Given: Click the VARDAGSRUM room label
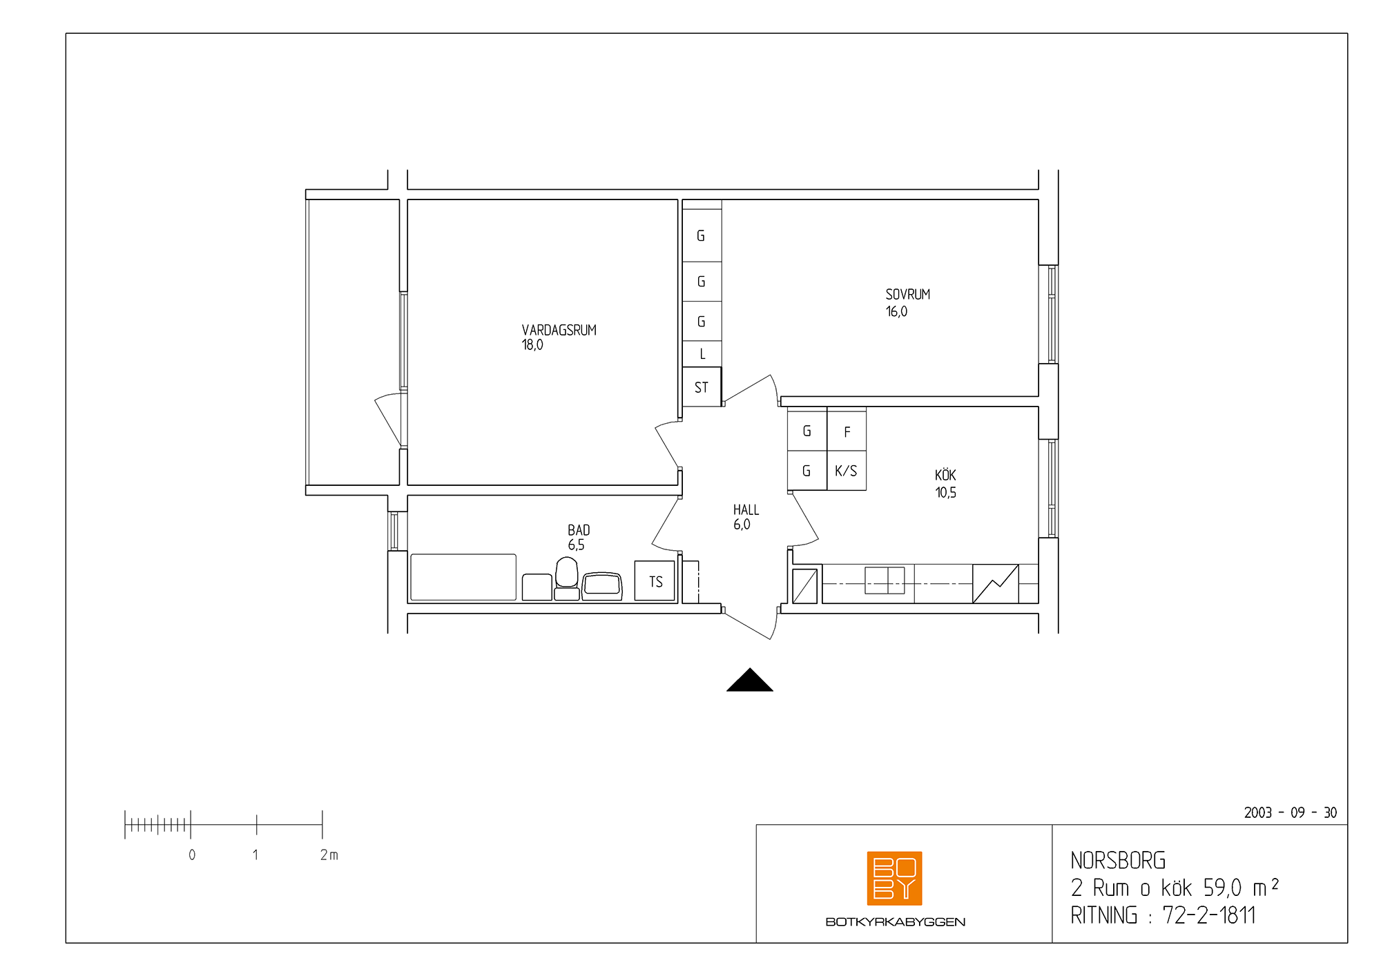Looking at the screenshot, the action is pyautogui.click(x=559, y=330).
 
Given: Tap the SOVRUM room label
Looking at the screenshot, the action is pyautogui.click(x=908, y=294).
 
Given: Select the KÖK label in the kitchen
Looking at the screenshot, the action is pyautogui.click(x=945, y=475).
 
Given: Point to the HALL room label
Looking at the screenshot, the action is pyautogui.click(x=746, y=509).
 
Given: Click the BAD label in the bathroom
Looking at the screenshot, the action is pyautogui.click(x=579, y=530).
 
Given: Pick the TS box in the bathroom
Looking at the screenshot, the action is pyautogui.click(x=655, y=581).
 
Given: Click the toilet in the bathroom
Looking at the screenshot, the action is pyautogui.click(x=567, y=578).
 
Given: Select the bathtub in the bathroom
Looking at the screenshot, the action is pyautogui.click(x=463, y=577).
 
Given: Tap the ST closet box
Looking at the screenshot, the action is pyautogui.click(x=702, y=387).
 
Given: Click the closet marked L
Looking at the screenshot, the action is pyautogui.click(x=702, y=354).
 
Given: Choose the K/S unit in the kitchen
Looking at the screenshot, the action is pyautogui.click(x=847, y=471).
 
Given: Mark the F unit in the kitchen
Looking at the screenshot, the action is pyautogui.click(x=847, y=431).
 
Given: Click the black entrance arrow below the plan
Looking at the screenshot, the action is pyautogui.click(x=750, y=680).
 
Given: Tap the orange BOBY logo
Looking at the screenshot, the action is pyautogui.click(x=895, y=878).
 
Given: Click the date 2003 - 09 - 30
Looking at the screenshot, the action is pyautogui.click(x=1291, y=812).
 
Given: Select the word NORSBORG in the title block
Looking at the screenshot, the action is pyautogui.click(x=1118, y=861).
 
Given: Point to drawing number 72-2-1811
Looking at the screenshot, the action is pyautogui.click(x=1209, y=915).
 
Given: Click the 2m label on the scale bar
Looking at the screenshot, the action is pyautogui.click(x=329, y=855).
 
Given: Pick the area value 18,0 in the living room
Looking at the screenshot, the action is pyautogui.click(x=532, y=345).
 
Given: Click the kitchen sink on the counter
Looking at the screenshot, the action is pyautogui.click(x=885, y=580).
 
